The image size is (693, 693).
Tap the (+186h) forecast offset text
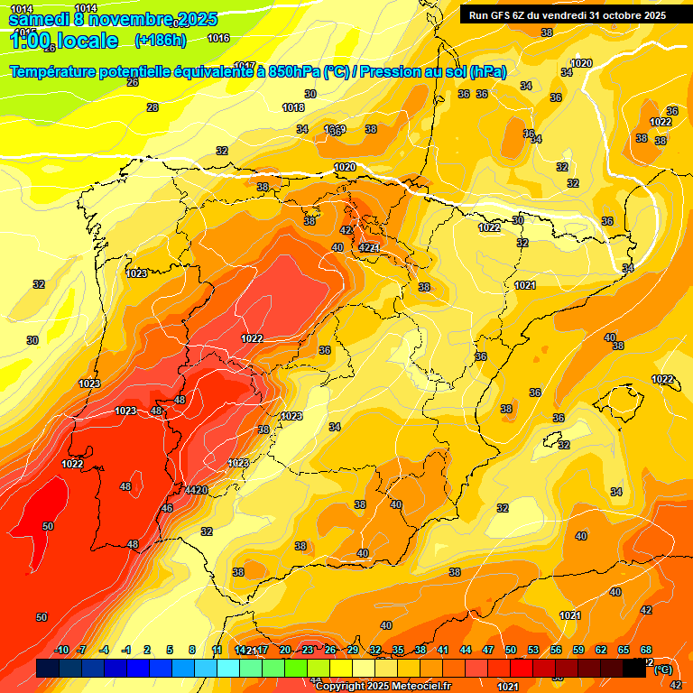click(x=161, y=41)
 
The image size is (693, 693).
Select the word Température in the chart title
click(x=60, y=72)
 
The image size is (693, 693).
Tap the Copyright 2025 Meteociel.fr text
click(x=383, y=686)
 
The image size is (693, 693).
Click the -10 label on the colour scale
click(x=62, y=650)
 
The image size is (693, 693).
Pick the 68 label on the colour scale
click(x=646, y=650)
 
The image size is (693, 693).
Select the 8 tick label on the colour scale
click(x=192, y=650)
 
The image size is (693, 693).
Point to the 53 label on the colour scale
click(x=533, y=650)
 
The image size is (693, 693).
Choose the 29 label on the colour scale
click(x=353, y=650)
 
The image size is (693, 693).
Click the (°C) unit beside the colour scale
click(x=662, y=670)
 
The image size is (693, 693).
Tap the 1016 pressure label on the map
click(x=218, y=39)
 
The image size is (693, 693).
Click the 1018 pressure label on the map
click(x=293, y=107)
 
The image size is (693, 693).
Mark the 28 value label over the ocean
click(x=152, y=107)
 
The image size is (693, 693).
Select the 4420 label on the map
click(x=197, y=490)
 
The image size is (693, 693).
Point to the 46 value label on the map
click(x=166, y=508)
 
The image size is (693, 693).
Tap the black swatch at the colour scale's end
click(x=635, y=669)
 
